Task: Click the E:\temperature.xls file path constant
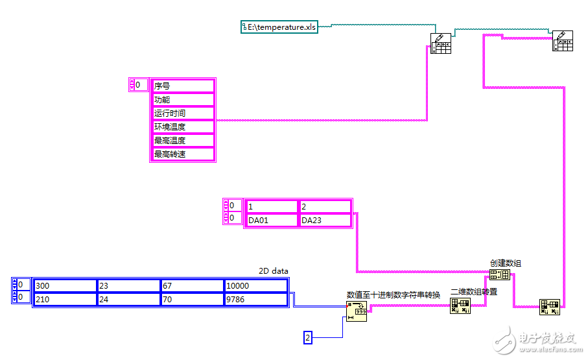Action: pyautogui.click(x=280, y=27)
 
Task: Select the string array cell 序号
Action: pyautogui.click(x=182, y=86)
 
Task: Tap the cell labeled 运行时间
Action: pyautogui.click(x=182, y=114)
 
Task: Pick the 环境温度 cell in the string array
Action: pyautogui.click(x=182, y=127)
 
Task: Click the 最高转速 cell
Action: pyautogui.click(x=182, y=154)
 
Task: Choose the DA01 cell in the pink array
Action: pyautogui.click(x=271, y=221)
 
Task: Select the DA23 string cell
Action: pyautogui.click(x=324, y=221)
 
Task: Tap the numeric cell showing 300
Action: pyautogui.click(x=64, y=286)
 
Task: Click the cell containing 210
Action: pyautogui.click(x=64, y=300)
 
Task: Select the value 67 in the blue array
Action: pyautogui.click(x=192, y=286)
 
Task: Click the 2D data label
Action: pyautogui.click(x=274, y=271)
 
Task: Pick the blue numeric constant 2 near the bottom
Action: pyautogui.click(x=308, y=337)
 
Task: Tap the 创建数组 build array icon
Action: pyautogui.click(x=500, y=274)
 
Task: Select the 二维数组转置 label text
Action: pyautogui.click(x=474, y=292)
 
